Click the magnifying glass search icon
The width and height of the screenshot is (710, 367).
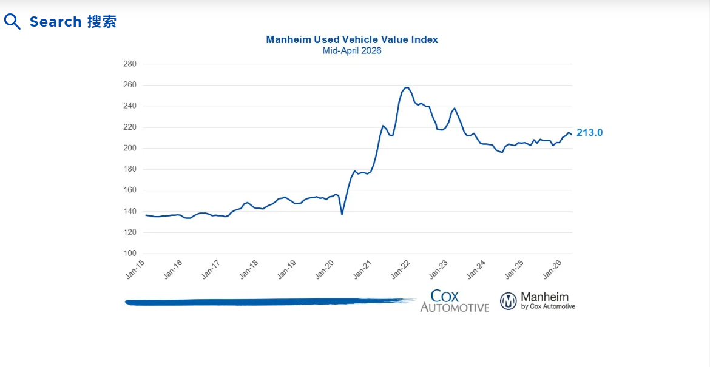point(12,22)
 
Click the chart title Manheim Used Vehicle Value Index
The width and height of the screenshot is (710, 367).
point(352,39)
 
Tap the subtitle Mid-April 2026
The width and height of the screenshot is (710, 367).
point(352,51)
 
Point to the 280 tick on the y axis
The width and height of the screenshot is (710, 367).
point(130,64)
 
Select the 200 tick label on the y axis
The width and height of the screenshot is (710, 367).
point(130,148)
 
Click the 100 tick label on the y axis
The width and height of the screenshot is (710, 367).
point(130,254)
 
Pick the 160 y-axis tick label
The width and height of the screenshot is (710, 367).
point(130,190)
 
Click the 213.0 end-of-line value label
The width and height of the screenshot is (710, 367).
point(589,133)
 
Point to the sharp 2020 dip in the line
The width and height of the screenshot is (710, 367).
point(342,214)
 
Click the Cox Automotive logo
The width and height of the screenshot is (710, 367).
point(455,301)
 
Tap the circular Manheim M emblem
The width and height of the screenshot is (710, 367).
point(509,301)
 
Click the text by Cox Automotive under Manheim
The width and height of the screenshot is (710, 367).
point(548,307)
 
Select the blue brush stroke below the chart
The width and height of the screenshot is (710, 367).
point(267,301)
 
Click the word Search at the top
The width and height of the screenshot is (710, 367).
point(56,22)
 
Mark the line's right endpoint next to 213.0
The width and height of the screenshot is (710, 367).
point(572,135)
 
